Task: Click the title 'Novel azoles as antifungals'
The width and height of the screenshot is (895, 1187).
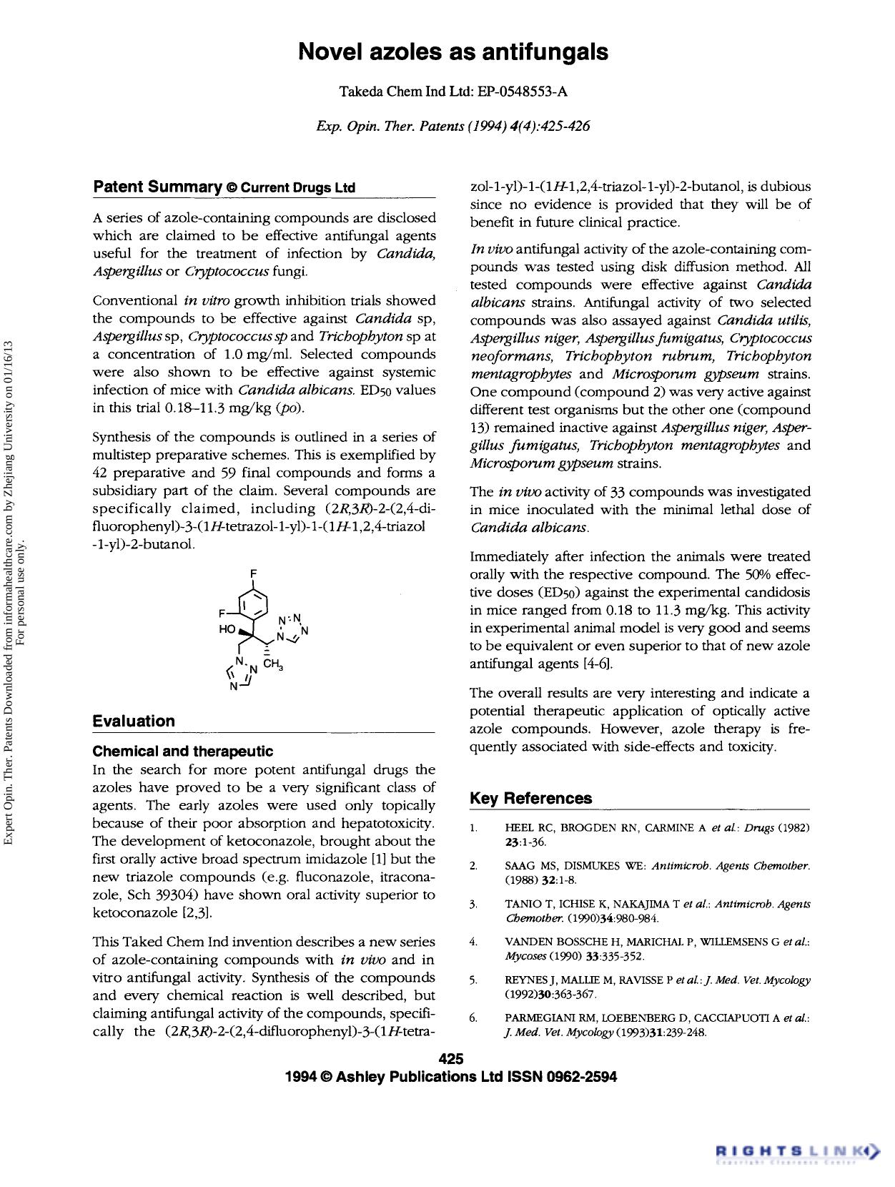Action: tap(453, 52)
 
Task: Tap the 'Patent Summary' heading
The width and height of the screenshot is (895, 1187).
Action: tap(157, 187)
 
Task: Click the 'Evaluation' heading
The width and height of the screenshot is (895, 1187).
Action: tap(134, 721)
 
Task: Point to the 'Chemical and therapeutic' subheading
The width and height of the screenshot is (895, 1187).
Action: tap(183, 751)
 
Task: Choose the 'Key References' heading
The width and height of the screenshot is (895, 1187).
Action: tap(530, 798)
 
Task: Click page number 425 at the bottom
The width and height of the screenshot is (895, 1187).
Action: tap(451, 1059)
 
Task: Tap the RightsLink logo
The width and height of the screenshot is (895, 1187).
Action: tap(796, 1151)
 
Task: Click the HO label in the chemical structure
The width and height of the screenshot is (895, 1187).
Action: tap(227, 629)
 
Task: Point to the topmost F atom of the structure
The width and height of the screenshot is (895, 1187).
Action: tap(253, 573)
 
